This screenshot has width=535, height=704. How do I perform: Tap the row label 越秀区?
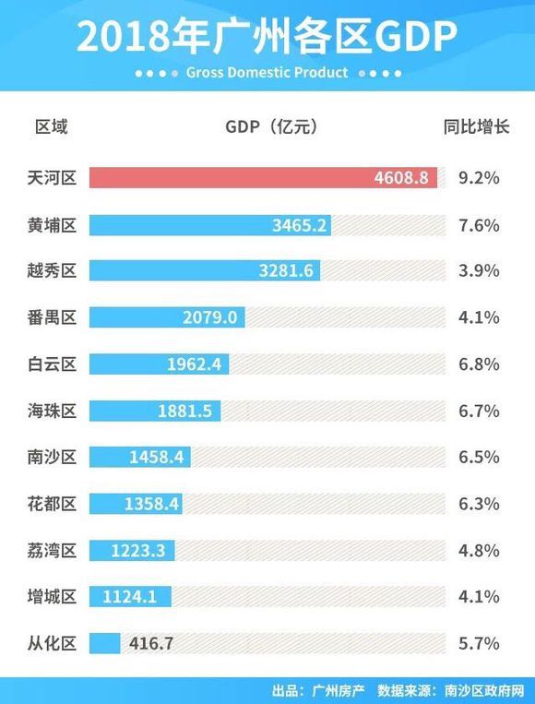53,271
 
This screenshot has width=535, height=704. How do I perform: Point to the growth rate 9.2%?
478,178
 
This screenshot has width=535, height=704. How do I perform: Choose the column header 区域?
52,126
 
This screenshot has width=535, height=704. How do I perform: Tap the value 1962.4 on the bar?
195,364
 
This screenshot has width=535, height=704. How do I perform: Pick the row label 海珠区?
53,411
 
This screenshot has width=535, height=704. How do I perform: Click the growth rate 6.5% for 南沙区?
478,458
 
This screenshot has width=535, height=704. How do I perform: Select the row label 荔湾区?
53,551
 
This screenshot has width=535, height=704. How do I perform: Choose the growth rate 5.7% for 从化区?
478,643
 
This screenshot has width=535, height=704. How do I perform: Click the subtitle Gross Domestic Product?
267,72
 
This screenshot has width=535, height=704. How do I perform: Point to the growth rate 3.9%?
478,271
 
